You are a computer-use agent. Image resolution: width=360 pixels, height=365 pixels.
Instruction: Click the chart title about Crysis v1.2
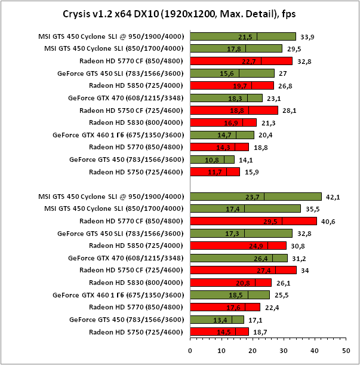coord(180,13)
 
